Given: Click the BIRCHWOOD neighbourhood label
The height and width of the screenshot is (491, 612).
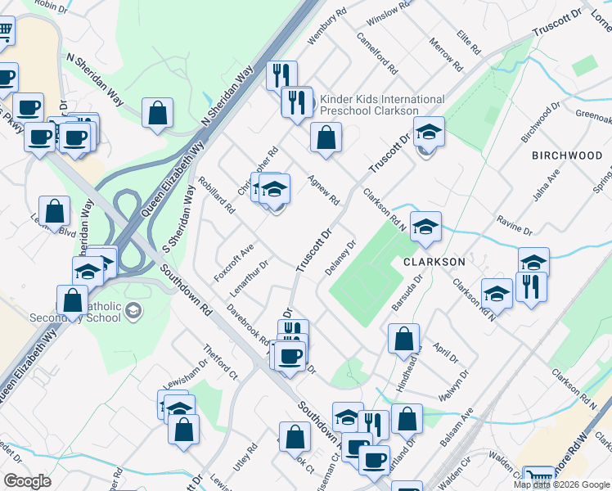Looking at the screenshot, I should pyautogui.click(x=567, y=155).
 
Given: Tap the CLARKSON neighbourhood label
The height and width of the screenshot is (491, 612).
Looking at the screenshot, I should pyautogui.click(x=434, y=262).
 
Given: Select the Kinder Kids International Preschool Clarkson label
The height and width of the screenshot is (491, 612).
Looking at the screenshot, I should pyautogui.click(x=382, y=105).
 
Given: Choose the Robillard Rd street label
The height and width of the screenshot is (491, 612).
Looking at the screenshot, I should pyautogui.click(x=218, y=197).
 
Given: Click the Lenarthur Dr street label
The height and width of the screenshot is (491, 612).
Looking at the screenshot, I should pyautogui.click(x=250, y=278).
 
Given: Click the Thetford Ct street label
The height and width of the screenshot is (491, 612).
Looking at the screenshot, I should pyautogui.click(x=221, y=364).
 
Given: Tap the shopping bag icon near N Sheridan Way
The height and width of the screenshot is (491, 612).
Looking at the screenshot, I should pyautogui.click(x=157, y=114).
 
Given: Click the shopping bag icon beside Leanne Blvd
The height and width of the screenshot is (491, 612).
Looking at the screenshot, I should pyautogui.click(x=54, y=211).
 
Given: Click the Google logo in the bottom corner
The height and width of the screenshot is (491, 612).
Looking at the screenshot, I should pyautogui.click(x=27, y=481).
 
